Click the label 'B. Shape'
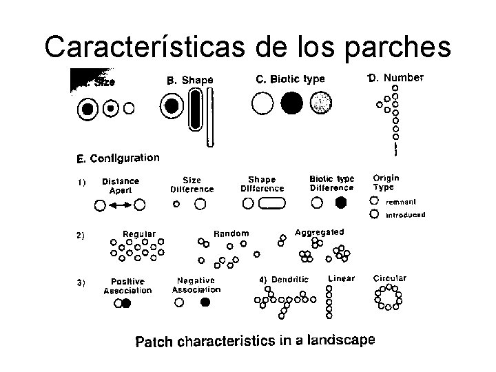click(x=190, y=81)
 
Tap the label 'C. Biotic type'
click(x=289, y=79)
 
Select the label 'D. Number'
click(x=396, y=77)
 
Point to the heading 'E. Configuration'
click(x=117, y=158)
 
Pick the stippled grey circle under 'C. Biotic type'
click(x=320, y=103)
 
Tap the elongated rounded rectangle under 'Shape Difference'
click(x=272, y=203)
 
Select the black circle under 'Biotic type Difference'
click(x=340, y=203)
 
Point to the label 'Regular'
click(x=138, y=234)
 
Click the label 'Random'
click(x=231, y=234)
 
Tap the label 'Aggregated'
click(x=319, y=233)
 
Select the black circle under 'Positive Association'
click(x=126, y=303)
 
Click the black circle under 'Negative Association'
click(x=204, y=302)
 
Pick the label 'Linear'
click(x=341, y=278)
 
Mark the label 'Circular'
click(x=389, y=278)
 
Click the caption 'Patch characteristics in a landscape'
click(x=255, y=341)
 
